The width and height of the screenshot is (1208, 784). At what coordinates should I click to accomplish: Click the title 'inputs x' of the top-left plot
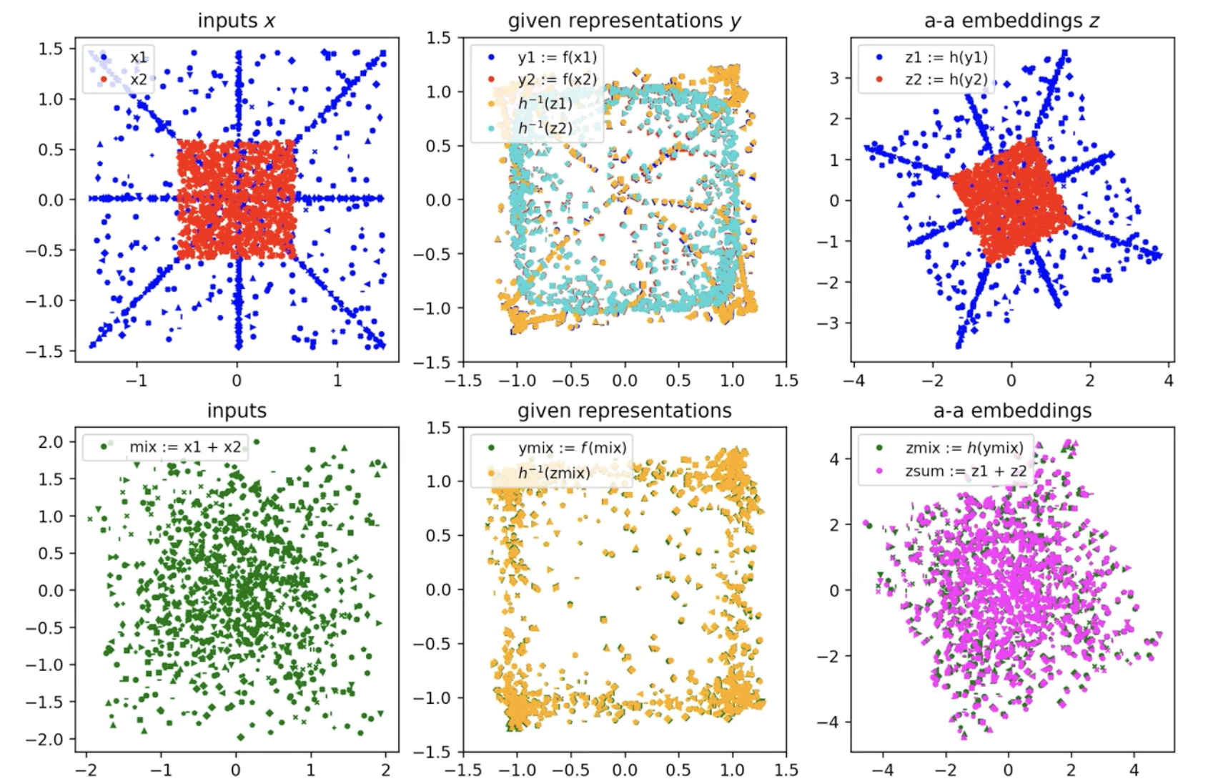(237, 21)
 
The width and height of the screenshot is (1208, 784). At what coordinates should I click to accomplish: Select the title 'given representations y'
(624, 21)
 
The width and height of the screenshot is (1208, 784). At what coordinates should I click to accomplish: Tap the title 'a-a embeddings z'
(1011, 21)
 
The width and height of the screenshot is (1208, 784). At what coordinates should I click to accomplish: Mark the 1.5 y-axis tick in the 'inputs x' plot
(51, 49)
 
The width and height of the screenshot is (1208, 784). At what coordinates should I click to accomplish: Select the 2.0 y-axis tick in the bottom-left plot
(51, 442)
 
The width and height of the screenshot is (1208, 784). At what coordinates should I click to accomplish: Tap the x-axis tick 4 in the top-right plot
(1169, 381)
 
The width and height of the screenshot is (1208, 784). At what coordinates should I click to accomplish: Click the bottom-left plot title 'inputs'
(237, 411)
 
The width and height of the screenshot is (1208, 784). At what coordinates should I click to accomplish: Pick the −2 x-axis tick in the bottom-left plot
(86, 770)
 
